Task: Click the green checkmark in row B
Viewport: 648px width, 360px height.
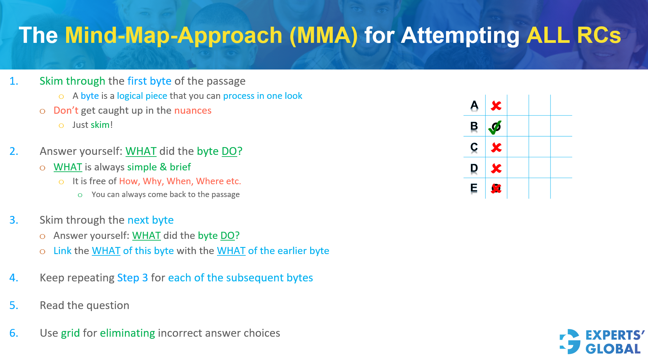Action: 495,127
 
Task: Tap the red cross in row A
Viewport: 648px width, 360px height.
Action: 496,106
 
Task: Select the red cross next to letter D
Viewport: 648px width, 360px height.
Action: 496,168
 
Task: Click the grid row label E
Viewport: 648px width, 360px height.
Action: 474,188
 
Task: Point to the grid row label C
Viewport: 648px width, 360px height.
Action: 474,147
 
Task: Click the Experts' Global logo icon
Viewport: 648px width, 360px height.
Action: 570,341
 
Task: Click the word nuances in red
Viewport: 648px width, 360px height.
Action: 193,111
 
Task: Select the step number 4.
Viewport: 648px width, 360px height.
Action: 14,278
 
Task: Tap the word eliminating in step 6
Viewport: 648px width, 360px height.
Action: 127,333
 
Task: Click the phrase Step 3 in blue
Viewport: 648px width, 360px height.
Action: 132,278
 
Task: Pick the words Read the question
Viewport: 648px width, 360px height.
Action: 84,305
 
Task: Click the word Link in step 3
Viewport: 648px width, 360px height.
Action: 62,251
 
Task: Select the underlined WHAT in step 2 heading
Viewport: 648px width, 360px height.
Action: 141,151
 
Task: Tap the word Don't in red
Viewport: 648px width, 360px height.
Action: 66,111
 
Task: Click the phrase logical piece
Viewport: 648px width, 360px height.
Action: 142,96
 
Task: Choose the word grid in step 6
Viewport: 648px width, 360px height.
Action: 70,333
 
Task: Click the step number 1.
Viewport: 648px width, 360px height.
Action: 14,81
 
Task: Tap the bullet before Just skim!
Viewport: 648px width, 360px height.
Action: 61,126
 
